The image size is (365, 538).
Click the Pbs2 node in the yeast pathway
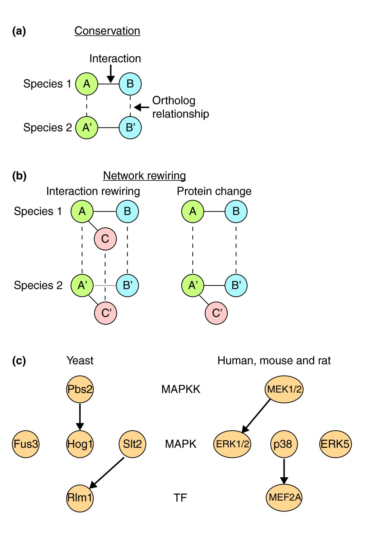tap(80, 389)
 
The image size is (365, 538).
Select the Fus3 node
tap(26, 444)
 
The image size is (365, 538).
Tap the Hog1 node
tap(80, 444)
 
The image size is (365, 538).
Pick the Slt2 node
tap(132, 444)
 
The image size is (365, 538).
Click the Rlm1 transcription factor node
tap(80, 498)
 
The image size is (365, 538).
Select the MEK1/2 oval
tap(284, 389)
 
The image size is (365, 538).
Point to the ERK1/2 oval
tap(232, 444)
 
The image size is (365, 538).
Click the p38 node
tap(283, 444)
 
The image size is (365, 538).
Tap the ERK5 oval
tap(335, 444)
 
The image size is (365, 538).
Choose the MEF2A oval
tap(284, 498)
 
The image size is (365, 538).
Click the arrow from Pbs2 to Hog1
tap(80, 417)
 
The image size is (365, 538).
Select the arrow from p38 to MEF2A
tap(284, 471)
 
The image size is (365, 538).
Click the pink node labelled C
tap(105, 239)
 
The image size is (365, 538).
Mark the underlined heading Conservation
tap(107, 31)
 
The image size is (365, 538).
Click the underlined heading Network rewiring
tap(144, 175)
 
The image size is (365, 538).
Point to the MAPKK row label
tap(181, 389)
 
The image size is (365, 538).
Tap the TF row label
tap(180, 498)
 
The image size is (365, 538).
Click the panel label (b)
tap(19, 176)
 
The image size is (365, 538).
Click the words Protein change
tap(214, 191)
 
